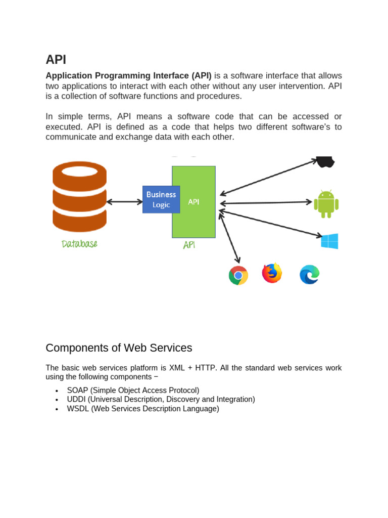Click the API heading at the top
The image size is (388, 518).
56,59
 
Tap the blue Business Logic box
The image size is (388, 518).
161,199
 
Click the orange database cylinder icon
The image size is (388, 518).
79,196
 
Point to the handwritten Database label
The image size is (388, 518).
79,244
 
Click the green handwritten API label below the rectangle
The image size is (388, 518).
189,245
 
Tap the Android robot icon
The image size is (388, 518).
326,204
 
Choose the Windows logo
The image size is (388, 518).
329,241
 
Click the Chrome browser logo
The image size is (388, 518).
238,275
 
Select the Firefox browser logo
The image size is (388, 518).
272,273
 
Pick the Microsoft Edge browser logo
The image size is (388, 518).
309,275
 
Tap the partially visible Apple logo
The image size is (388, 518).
325,161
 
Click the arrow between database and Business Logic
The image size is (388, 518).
125,201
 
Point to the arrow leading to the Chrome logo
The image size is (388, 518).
229,238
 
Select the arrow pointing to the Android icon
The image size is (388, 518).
266,203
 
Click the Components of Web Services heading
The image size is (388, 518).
119,348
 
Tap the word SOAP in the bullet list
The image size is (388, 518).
77,391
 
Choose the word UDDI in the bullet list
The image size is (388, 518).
76,400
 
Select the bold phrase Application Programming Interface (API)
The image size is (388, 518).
128,76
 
